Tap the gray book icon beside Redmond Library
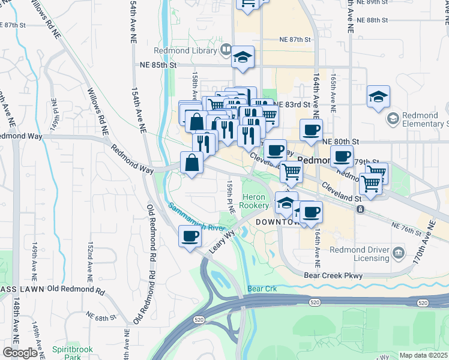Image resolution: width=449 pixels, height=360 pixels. pyautogui.click(x=226, y=49)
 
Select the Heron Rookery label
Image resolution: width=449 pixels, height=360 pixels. pyautogui.click(x=255, y=202)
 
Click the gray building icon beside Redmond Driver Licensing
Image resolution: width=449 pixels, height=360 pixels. pyautogui.click(x=399, y=254)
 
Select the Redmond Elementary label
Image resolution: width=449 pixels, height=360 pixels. pyautogui.click(x=425, y=119)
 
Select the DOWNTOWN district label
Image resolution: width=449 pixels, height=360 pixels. pyautogui.click(x=277, y=222)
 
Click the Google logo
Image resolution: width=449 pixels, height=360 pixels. pyautogui.click(x=20, y=353)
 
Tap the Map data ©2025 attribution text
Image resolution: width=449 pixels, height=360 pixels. pyautogui.click(x=423, y=355)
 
